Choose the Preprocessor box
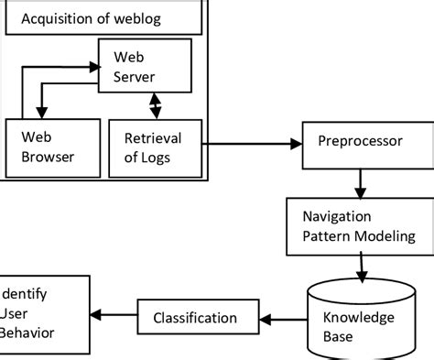[356, 142]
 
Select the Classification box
[194, 318]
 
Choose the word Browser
[47, 157]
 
